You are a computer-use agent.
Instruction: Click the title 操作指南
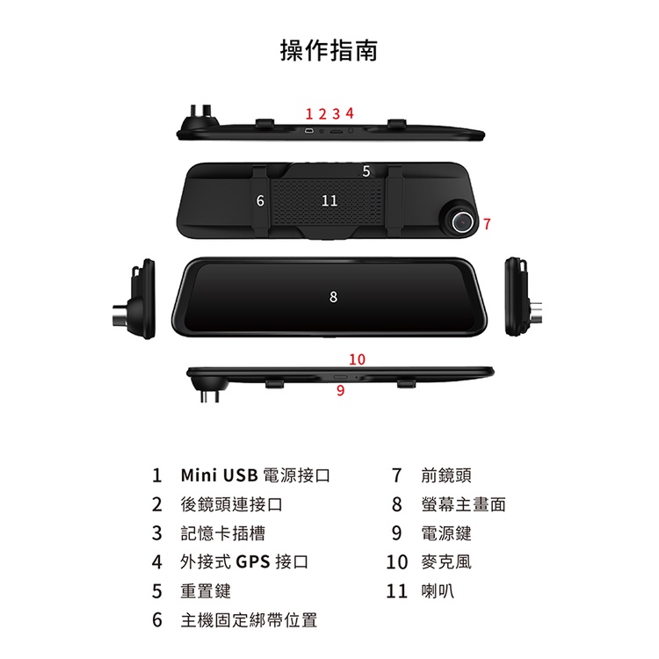[329, 50]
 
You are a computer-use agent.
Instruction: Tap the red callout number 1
[309, 114]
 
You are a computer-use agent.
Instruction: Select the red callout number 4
[350, 113]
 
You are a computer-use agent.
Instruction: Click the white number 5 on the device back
[366, 171]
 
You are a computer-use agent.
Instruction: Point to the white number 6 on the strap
[260, 200]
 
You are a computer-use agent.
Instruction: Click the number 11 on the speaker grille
[329, 200]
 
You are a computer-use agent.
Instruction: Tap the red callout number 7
[487, 224]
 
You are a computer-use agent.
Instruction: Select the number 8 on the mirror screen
[333, 297]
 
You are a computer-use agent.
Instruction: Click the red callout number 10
[358, 359]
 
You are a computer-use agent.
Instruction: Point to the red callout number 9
[340, 390]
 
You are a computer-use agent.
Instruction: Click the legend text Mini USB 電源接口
[255, 475]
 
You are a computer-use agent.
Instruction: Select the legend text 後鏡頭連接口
[231, 504]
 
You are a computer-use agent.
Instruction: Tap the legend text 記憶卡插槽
[223, 533]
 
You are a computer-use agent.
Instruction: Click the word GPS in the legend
[253, 562]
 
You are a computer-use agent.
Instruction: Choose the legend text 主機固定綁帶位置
[249, 620]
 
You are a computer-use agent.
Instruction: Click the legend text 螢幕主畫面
[463, 504]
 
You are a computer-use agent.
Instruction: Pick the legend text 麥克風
[446, 562]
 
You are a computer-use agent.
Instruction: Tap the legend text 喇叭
[438, 591]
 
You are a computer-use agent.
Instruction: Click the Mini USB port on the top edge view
[309, 132]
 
